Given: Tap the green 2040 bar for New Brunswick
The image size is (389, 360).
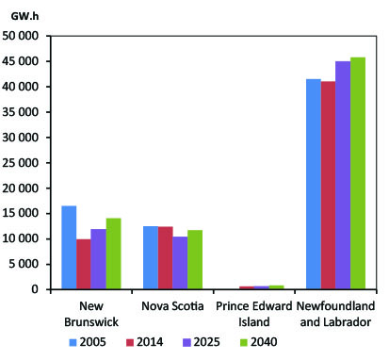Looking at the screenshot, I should (x=113, y=254).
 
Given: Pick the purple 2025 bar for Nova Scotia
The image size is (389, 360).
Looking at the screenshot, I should (x=180, y=263).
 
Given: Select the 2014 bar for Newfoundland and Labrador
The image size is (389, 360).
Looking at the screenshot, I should (x=328, y=185).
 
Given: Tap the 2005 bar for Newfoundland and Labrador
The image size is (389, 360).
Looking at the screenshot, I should (x=313, y=184).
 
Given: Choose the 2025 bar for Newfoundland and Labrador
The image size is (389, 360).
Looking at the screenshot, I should (x=342, y=175).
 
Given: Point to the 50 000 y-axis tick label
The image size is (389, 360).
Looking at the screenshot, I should (x=21, y=36).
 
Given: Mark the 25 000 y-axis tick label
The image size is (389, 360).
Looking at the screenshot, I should (x=21, y=163).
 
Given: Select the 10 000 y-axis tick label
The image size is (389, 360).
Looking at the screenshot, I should (x=21, y=239).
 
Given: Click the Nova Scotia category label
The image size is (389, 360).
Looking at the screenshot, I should (x=172, y=306).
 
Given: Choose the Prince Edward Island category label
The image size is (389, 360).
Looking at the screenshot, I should (x=253, y=315).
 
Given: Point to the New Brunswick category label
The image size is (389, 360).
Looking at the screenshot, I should (x=90, y=315).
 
